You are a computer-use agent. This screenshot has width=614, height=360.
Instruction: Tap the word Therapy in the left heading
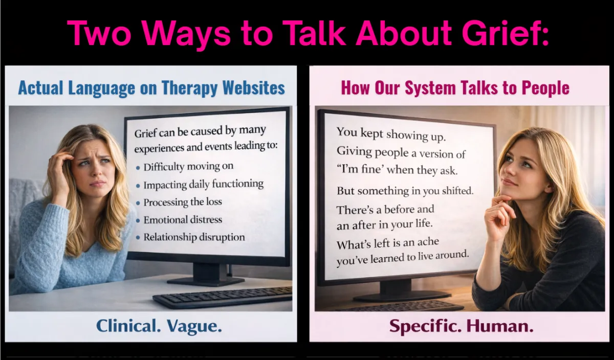(190, 88)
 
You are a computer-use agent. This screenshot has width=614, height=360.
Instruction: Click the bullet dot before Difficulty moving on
(138, 168)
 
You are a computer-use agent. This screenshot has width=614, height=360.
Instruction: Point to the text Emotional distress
(183, 220)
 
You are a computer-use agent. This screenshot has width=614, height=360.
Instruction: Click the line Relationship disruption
(194, 237)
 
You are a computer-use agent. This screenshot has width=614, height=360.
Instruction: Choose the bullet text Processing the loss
(183, 202)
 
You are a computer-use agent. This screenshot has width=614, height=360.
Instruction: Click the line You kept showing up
(391, 134)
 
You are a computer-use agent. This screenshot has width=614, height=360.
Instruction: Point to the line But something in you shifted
(405, 191)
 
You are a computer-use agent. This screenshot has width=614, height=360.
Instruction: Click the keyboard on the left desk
(223, 297)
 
